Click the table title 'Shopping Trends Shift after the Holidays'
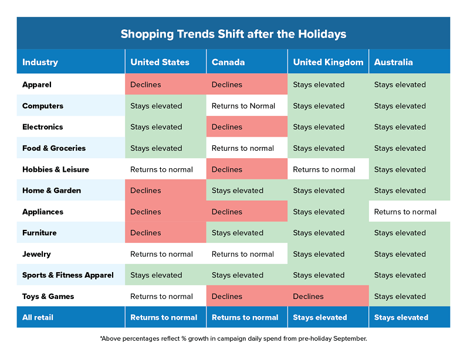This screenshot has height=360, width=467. pos(233,33)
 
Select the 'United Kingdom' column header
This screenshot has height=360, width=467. pos(328,62)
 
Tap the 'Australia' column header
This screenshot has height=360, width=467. pos(393,62)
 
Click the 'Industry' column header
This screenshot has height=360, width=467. pos(40,62)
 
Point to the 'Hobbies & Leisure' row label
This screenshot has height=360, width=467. pos(56,169)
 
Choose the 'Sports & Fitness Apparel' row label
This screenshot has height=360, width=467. pos(68,275)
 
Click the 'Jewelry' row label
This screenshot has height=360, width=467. pos(36,254)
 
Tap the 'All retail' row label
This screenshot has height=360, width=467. pos(38,317)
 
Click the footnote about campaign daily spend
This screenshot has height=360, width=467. pos(233,338)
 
